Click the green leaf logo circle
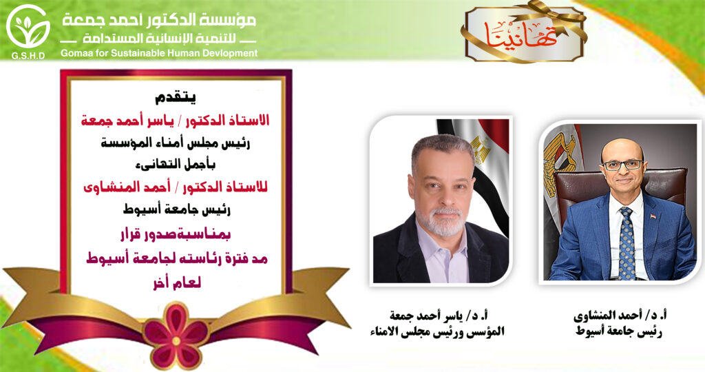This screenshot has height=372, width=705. click(x=28, y=26)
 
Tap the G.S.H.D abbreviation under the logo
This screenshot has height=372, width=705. click(x=28, y=56)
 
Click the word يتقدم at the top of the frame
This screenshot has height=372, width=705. click(x=176, y=96)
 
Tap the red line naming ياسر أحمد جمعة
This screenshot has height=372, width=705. click(x=176, y=121)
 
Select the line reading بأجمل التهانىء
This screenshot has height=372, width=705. click(x=176, y=164)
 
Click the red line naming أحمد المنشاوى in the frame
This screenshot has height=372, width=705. click(x=176, y=187)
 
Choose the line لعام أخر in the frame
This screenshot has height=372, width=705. click(x=177, y=282)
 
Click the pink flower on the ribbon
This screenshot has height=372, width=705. click(x=176, y=335)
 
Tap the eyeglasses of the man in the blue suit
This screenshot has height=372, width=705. click(x=622, y=165)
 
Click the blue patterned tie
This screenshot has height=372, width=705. click(x=627, y=243)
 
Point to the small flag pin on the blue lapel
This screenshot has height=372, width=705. click(x=653, y=216)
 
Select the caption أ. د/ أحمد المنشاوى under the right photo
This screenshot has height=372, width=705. click(x=620, y=316)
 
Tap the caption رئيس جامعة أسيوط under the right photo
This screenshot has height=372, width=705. click(x=619, y=333)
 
